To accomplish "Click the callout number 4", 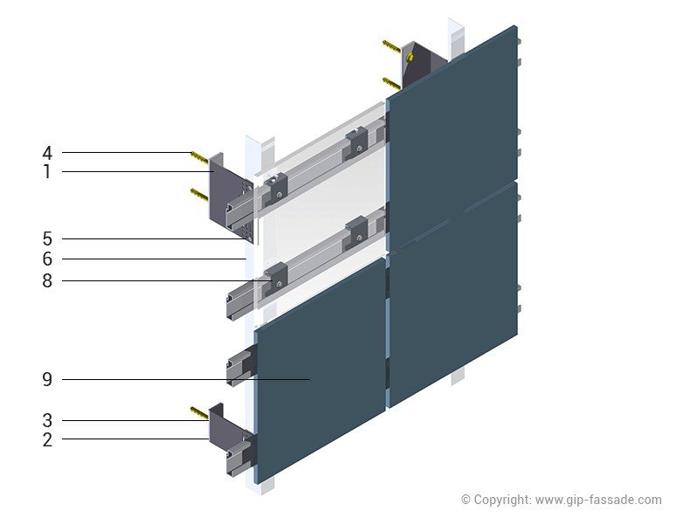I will tap(47, 153).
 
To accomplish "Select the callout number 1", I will tap(47, 172).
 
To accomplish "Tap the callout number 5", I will tap(47, 238).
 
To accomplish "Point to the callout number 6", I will tap(47, 259).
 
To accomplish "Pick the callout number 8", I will tap(47, 281).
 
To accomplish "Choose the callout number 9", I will tap(47, 380).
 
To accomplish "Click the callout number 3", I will tap(47, 420).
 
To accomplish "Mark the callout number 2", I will tap(47, 440).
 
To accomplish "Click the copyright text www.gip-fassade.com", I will tap(597, 500).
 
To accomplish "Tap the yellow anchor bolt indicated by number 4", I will tap(202, 158).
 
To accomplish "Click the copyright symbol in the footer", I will tap(466, 500).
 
